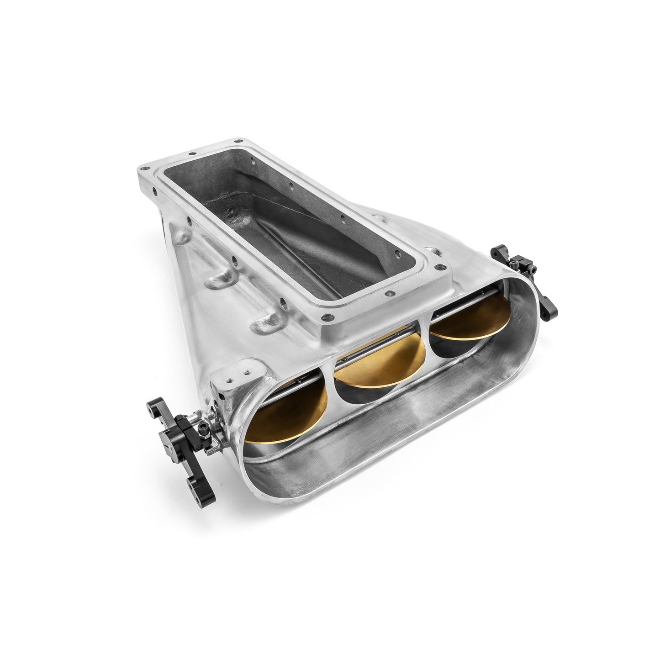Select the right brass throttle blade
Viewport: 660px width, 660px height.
470,320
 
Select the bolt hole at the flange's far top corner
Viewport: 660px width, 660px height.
238,141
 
